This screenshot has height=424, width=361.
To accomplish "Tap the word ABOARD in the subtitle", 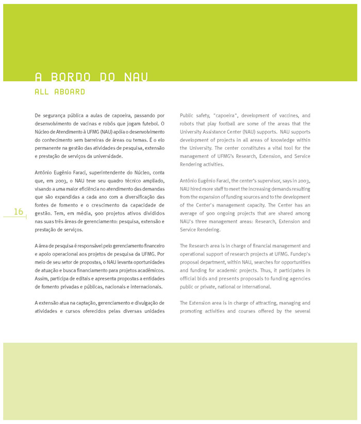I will click(x=71, y=92).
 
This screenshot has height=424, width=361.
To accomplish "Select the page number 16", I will click(x=19, y=211).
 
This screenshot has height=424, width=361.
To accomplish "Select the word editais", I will click(x=85, y=279).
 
